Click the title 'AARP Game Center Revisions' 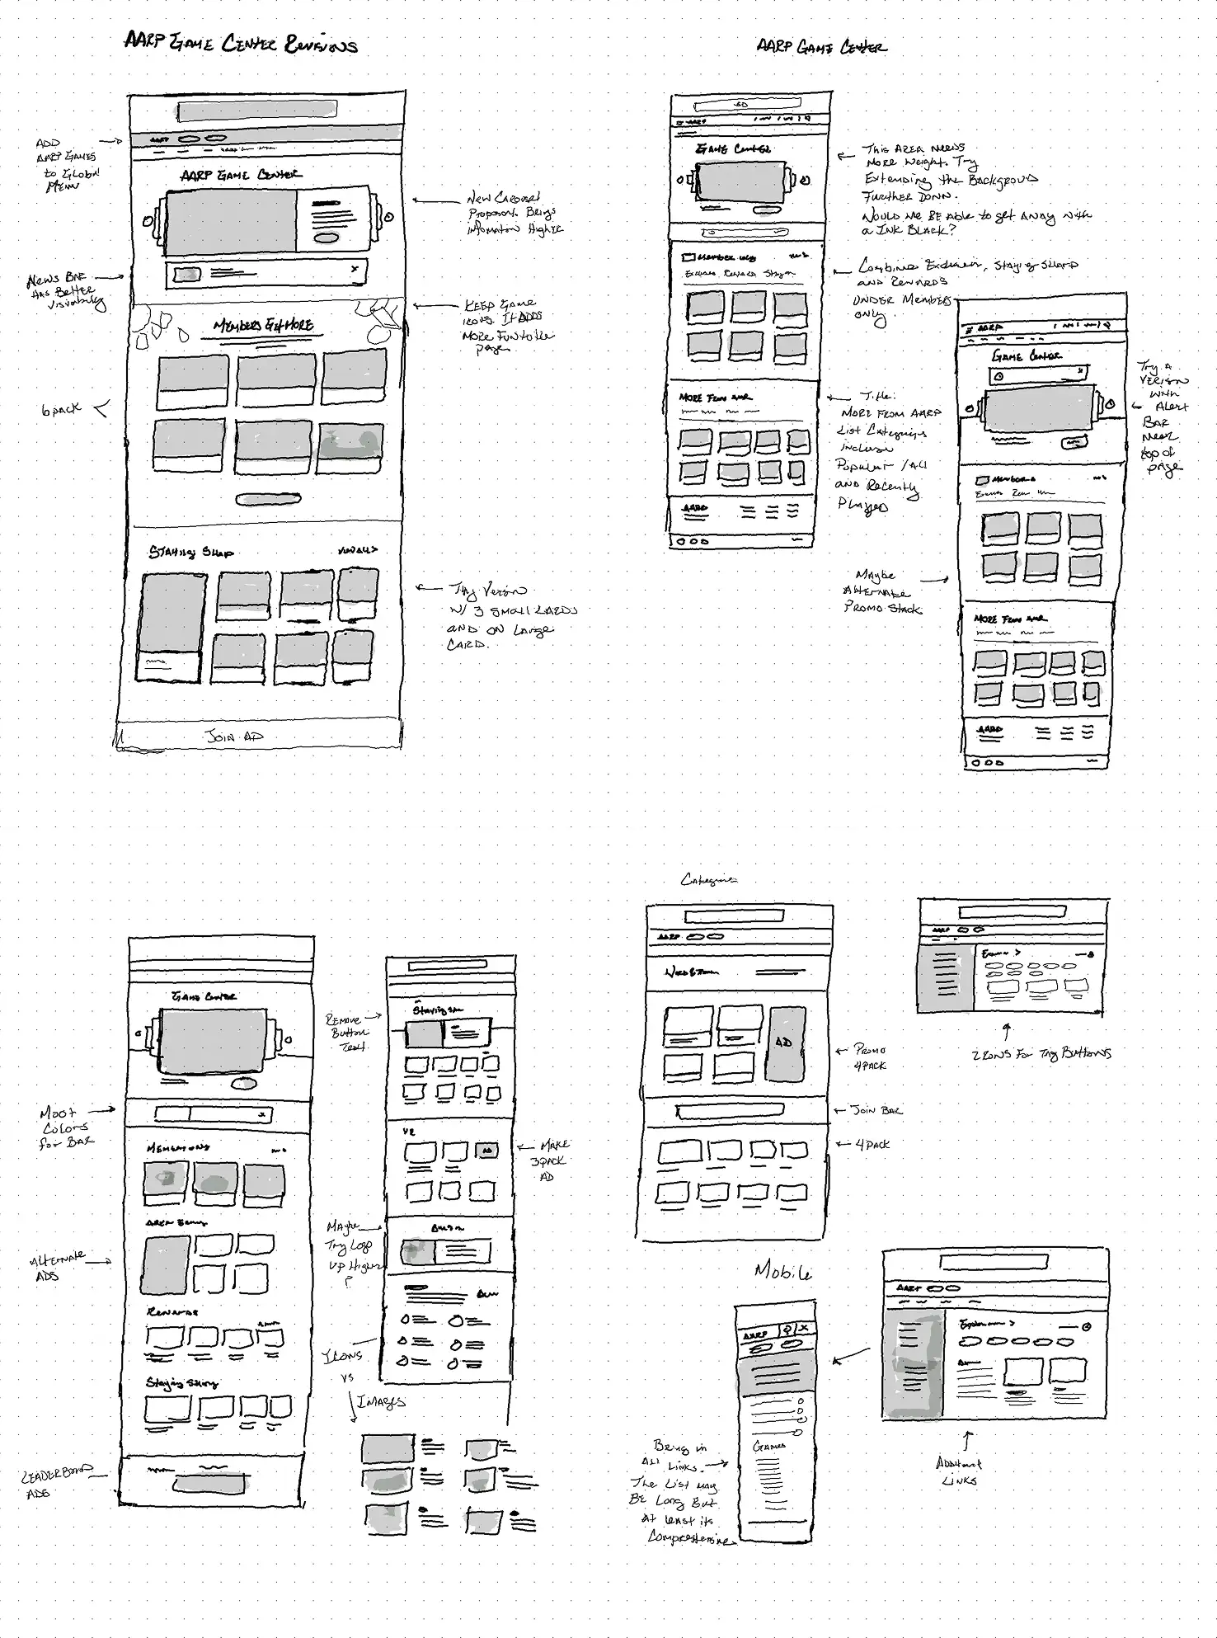[240, 43]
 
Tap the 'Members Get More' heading [263, 326]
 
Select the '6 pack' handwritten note [62, 409]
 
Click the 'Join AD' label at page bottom [236, 736]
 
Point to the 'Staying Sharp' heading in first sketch [190, 552]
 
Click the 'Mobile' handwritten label [782, 1271]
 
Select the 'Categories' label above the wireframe [708, 880]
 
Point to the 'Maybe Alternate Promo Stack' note [881, 592]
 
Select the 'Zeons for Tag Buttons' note [1041, 1053]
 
